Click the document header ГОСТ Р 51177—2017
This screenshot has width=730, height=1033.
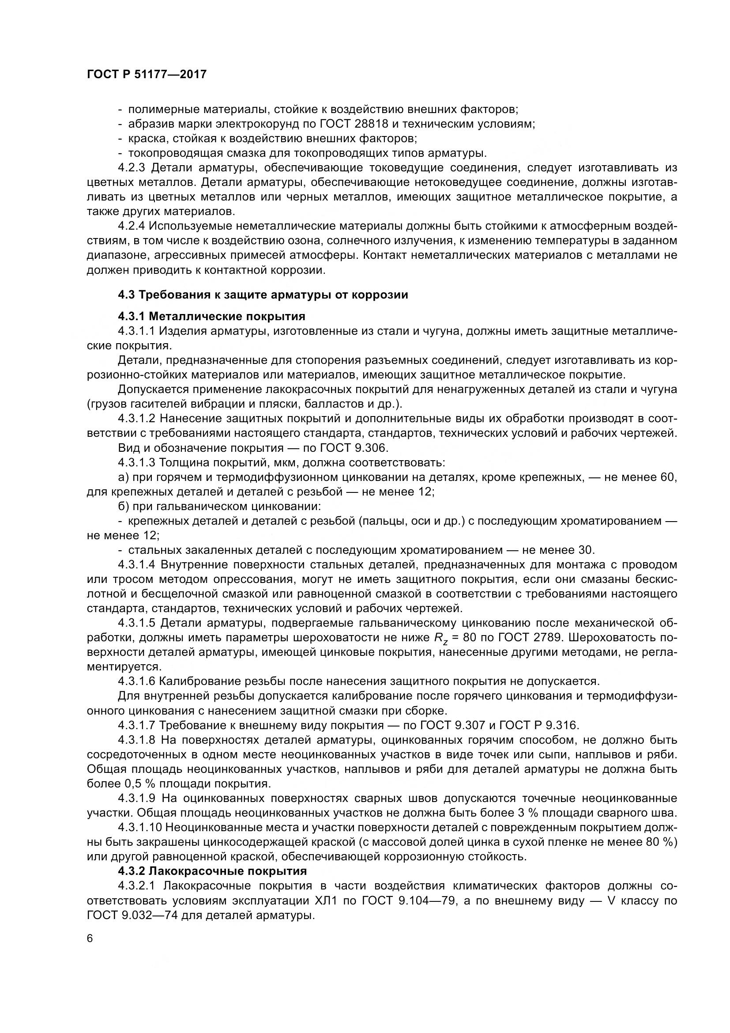pos(147,74)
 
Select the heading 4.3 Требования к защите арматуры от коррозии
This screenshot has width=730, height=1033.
pos(263,295)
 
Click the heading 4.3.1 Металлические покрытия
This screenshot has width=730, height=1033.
pos(212,316)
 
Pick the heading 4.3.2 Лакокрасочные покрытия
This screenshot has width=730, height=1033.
pos(213,871)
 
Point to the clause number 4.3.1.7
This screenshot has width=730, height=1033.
pos(137,725)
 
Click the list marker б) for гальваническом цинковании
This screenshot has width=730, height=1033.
pos(124,506)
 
